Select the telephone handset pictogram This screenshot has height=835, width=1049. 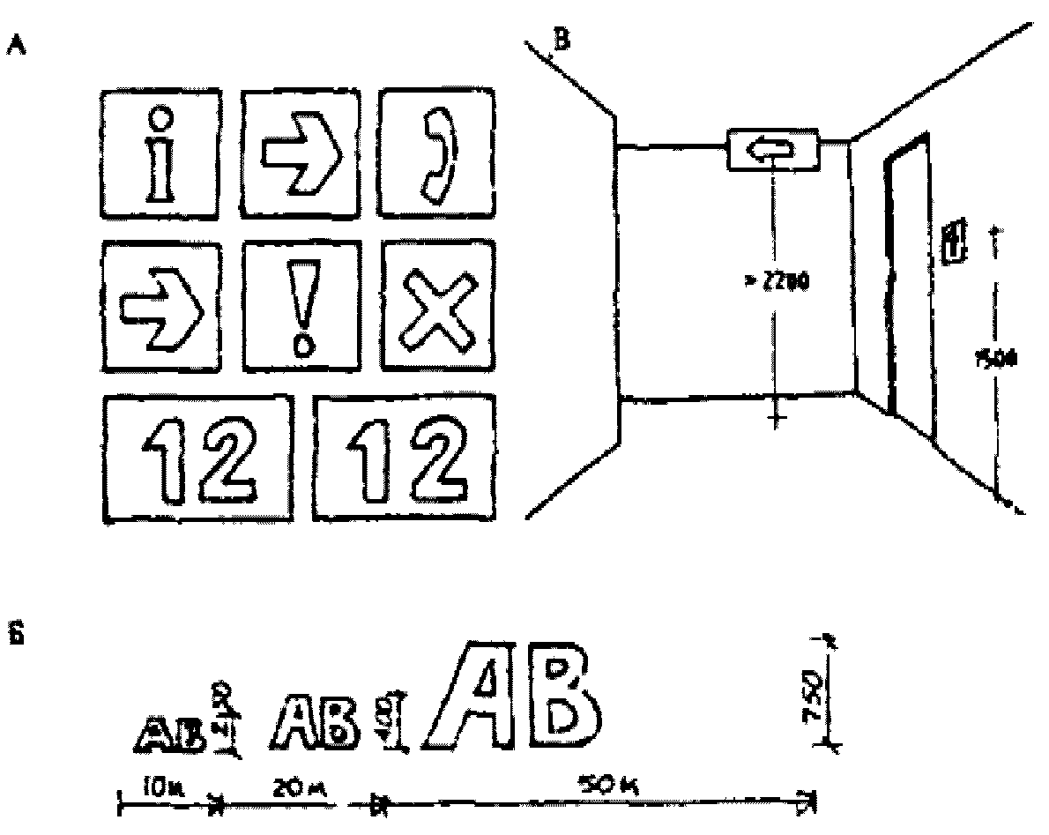[x=432, y=154]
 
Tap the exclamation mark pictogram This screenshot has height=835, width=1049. [x=303, y=305]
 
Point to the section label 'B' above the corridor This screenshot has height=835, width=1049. [x=562, y=40]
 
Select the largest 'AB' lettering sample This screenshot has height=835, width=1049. [x=512, y=696]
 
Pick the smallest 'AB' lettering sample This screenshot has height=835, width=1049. [x=171, y=729]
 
